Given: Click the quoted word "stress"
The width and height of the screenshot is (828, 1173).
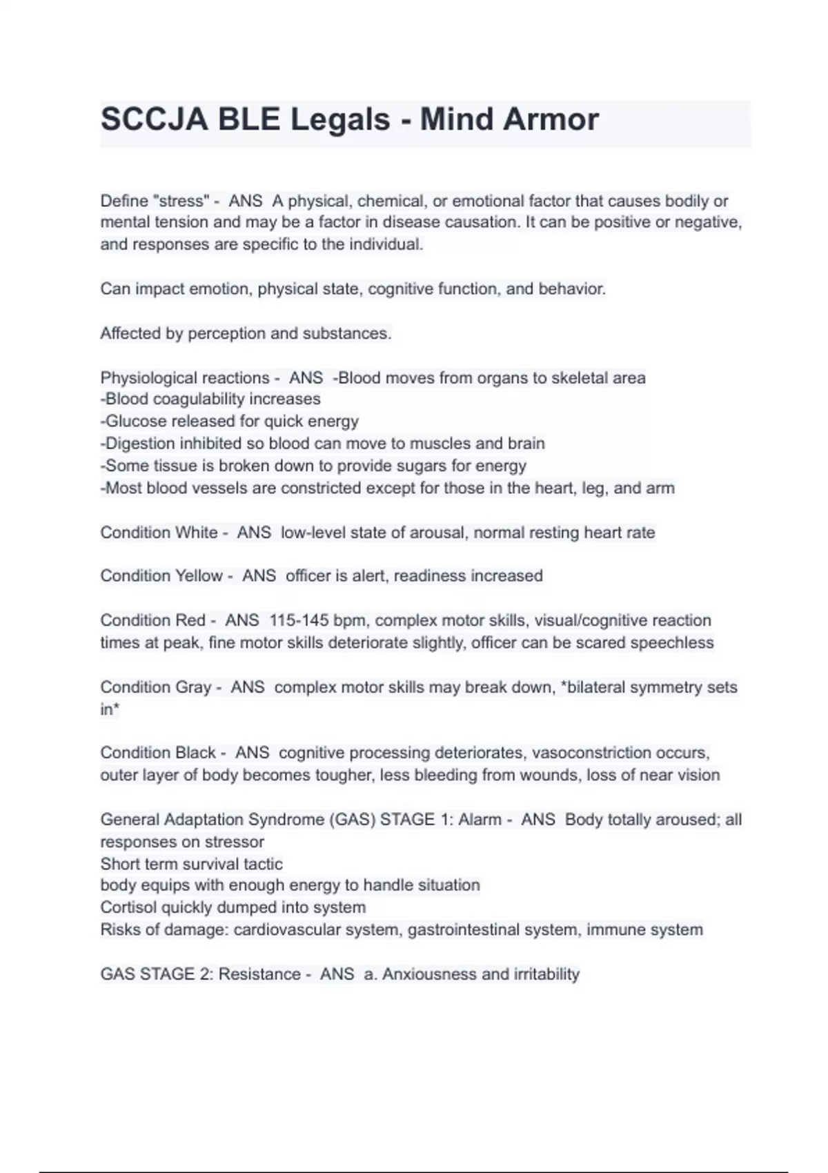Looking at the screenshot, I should [183, 201].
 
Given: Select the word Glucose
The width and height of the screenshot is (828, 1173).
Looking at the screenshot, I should [135, 421].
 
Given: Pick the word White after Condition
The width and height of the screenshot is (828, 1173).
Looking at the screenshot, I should [197, 533].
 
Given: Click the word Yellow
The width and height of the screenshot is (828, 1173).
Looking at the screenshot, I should [199, 575].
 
